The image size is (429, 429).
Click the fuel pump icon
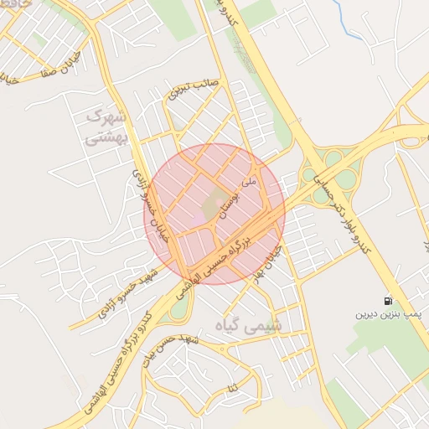[x=387, y=302]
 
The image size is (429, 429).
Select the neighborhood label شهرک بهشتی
[x=106, y=127]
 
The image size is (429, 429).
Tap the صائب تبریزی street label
[x=193, y=88]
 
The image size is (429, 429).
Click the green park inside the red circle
[x=217, y=202]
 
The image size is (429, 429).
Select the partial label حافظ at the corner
[x=14, y=4]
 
